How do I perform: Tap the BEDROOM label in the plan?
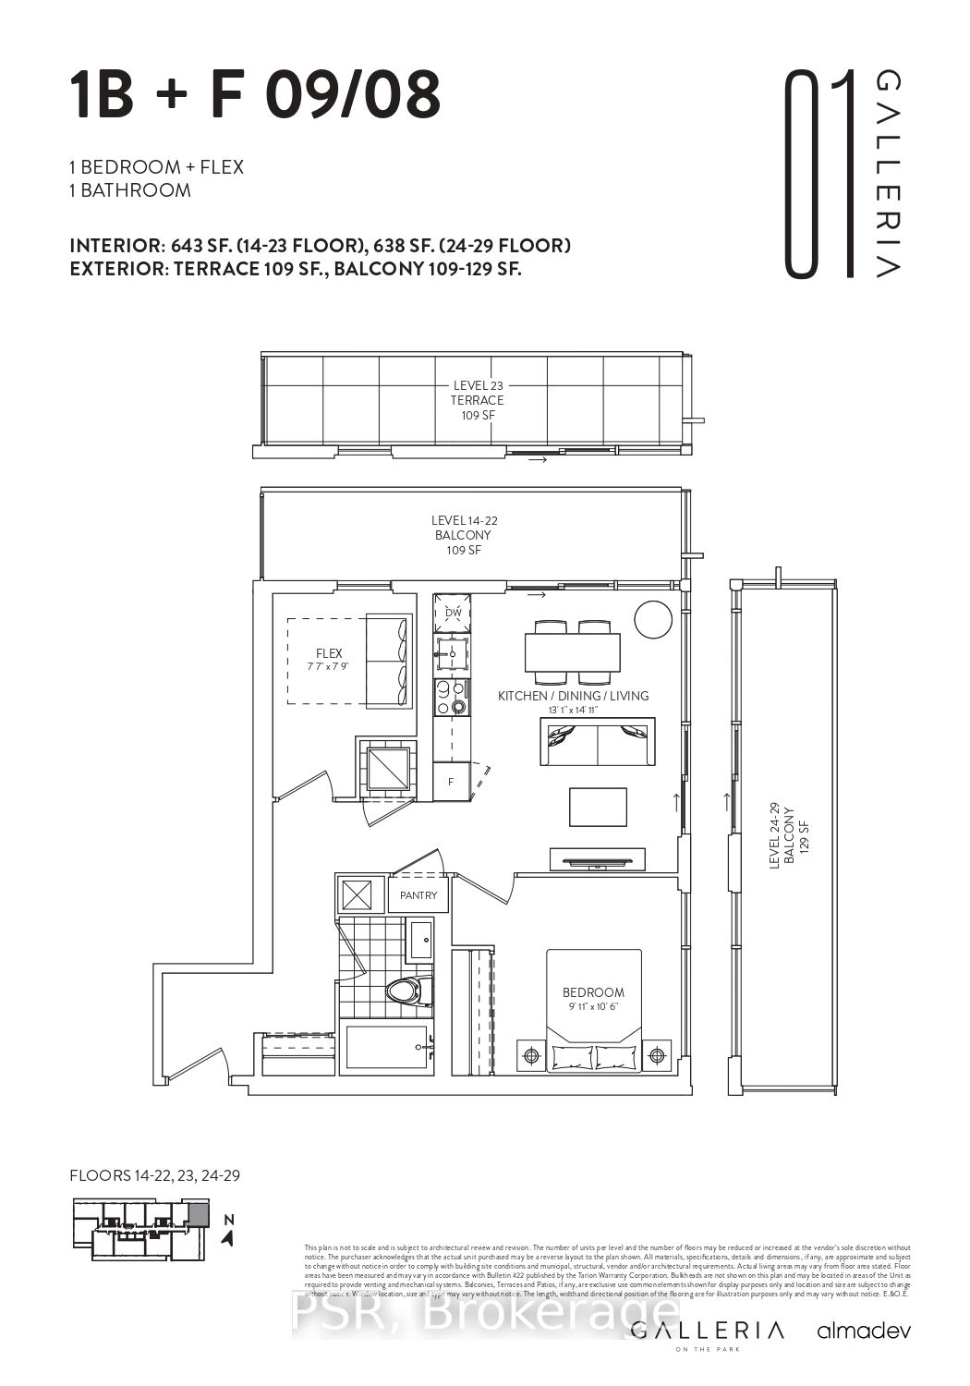pyautogui.click(x=593, y=992)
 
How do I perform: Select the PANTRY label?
pyautogui.click(x=418, y=895)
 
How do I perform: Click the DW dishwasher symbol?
pyautogui.click(x=453, y=613)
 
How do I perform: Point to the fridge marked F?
pyautogui.click(x=451, y=782)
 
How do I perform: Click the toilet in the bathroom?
pyautogui.click(x=407, y=992)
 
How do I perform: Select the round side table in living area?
pyautogui.click(x=654, y=619)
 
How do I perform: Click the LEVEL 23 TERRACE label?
pyautogui.click(x=477, y=400)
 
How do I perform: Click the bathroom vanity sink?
pyautogui.click(x=420, y=942)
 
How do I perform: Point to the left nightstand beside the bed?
pyautogui.click(x=532, y=1054)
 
